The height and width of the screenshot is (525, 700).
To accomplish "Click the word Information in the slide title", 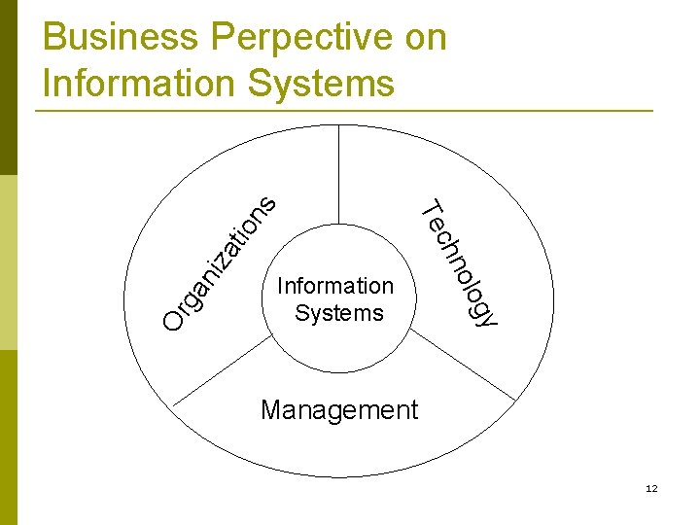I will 138,83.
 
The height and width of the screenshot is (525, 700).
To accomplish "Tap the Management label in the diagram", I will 339,410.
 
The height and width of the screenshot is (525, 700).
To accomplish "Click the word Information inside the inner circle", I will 335,286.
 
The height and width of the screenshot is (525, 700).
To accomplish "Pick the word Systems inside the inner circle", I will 339,313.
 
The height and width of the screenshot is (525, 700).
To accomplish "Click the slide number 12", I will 651,488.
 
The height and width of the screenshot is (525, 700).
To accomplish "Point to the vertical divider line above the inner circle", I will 339,175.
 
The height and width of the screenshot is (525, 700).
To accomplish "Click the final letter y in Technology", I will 486,317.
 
